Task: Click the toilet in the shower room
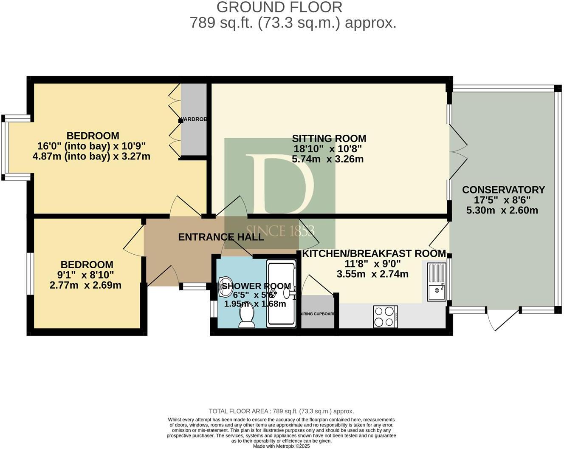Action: click(247, 317)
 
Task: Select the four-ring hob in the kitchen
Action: click(385, 317)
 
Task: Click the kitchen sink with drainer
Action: click(436, 282)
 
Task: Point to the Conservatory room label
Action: click(503, 190)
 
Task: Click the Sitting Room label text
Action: click(329, 139)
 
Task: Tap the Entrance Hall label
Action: click(221, 237)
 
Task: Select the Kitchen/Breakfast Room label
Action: click(374, 254)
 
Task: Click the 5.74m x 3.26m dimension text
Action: click(328, 159)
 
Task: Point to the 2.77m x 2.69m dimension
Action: click(85, 285)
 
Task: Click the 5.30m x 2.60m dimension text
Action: click(502, 210)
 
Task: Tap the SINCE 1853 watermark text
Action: click(280, 231)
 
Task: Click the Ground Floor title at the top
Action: click(279, 7)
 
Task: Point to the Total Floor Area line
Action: click(281, 411)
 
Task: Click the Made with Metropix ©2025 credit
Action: click(281, 446)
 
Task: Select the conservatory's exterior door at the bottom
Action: click(503, 320)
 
